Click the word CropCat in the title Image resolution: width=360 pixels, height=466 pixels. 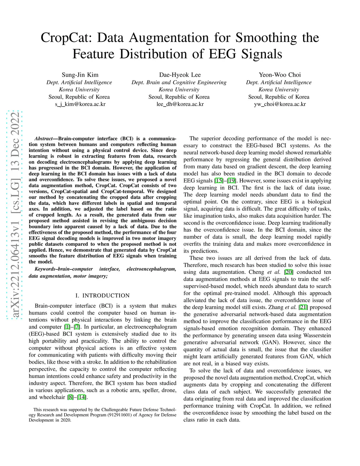pos(66,38)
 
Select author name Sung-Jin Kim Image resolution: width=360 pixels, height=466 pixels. pos(80,75)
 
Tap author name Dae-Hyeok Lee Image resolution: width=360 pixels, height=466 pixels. pos(180,75)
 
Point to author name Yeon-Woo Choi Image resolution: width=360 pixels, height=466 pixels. pos(280,75)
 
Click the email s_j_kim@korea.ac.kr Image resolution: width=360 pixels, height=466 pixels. pos(80,104)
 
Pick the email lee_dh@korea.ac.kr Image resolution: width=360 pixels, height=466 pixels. pos(180,104)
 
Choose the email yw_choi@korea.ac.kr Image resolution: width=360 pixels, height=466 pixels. pos(280,104)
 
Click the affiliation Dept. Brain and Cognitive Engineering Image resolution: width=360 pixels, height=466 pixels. pos(179,82)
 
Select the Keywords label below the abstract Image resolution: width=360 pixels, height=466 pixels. pos(45,269)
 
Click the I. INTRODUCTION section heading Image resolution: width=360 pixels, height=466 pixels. pos(102,295)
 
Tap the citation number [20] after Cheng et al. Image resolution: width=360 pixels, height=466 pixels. pos(289,272)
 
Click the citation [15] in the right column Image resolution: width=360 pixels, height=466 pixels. pos(219,181)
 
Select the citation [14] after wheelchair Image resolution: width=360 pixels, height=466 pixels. pos(82,397)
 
